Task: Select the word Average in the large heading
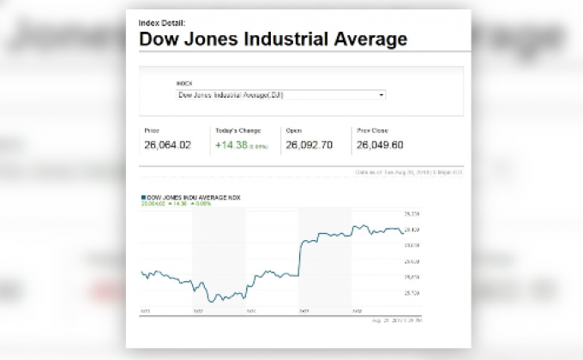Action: pyautogui.click(x=365, y=39)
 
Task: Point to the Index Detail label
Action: pyautogui.click(x=161, y=21)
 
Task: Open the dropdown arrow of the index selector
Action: pyautogui.click(x=381, y=95)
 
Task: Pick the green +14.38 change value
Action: pyautogui.click(x=231, y=145)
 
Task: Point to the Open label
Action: pyautogui.click(x=293, y=131)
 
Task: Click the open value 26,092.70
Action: pyautogui.click(x=309, y=145)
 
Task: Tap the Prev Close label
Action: pyautogui.click(x=370, y=131)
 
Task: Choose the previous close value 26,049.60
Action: pyautogui.click(x=379, y=145)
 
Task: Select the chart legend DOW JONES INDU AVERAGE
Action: pyautogui.click(x=194, y=198)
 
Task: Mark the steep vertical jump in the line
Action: pyautogui.click(x=299, y=257)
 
